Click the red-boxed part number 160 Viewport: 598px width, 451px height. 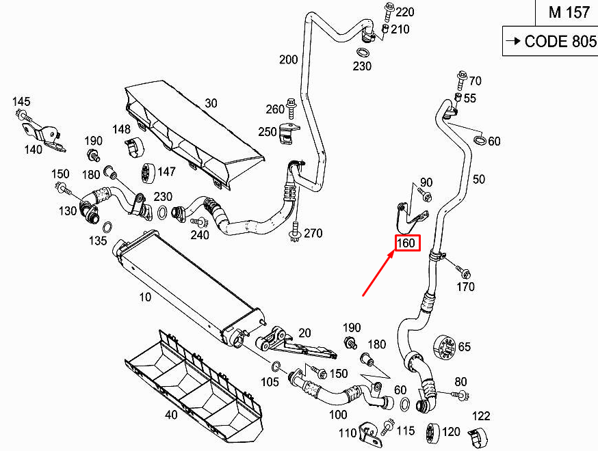[x=406, y=243]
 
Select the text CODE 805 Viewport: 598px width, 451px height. [x=560, y=42]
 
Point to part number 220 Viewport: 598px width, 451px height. [x=405, y=12]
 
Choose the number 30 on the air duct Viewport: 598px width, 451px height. [x=211, y=103]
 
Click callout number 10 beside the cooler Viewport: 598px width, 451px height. [x=145, y=298]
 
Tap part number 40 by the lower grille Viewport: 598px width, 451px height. [x=171, y=414]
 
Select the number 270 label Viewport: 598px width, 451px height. [x=313, y=234]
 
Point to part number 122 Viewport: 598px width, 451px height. [x=482, y=415]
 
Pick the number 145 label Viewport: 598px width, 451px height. [x=21, y=102]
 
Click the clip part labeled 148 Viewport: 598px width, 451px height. [x=131, y=146]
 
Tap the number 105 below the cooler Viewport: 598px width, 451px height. [x=270, y=382]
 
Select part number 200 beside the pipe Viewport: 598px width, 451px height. [x=289, y=59]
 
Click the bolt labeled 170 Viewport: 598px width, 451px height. [x=458, y=269]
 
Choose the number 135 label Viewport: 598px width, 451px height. [x=98, y=241]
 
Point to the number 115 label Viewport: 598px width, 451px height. [x=406, y=430]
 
